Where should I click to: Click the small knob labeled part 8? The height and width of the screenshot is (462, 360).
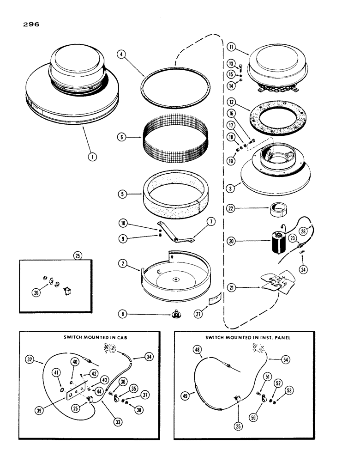[x=176, y=315]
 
